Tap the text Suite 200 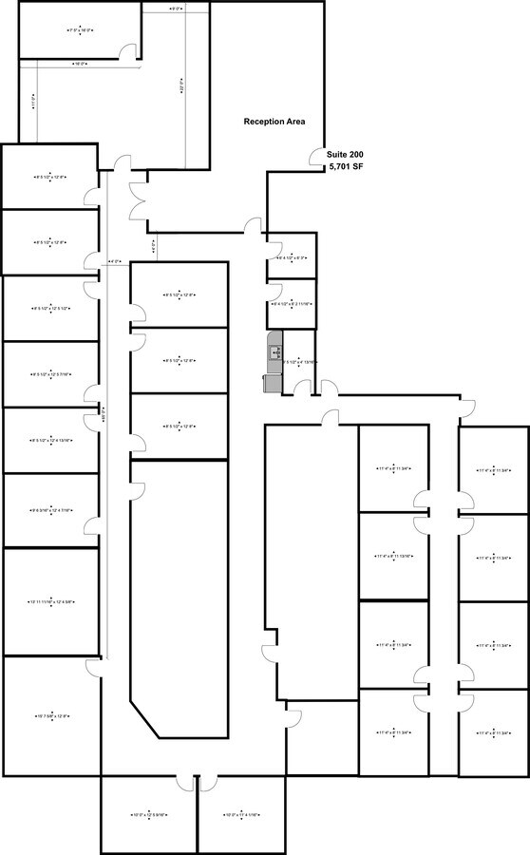pos(345,154)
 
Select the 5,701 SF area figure pos(346,167)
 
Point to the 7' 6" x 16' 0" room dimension pos(80,30)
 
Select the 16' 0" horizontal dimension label pos(80,64)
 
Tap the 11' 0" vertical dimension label pos(34,100)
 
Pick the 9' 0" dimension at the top pos(175,9)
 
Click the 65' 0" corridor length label pos(104,414)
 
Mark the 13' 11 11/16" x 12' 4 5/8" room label pos(52,601)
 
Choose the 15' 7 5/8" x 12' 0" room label pos(52,716)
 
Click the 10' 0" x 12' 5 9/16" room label pos(149,814)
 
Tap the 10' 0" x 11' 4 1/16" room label pos(242,814)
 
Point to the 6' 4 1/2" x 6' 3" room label pos(291,257)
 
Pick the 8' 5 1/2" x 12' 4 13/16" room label pos(52,440)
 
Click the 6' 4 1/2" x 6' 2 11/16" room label pos(291,304)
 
